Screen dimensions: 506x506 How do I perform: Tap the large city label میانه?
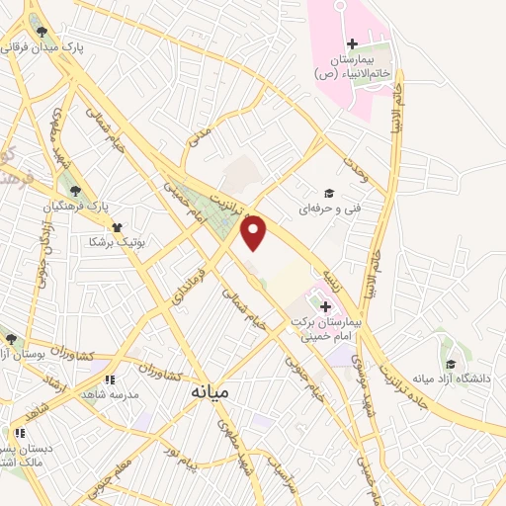click(209, 392)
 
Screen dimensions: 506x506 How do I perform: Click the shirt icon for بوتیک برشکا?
click(116, 226)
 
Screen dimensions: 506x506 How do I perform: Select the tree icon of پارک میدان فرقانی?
click(41, 32)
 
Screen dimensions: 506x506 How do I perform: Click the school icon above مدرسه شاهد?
click(110, 379)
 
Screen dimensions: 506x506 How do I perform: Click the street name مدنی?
click(200, 134)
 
